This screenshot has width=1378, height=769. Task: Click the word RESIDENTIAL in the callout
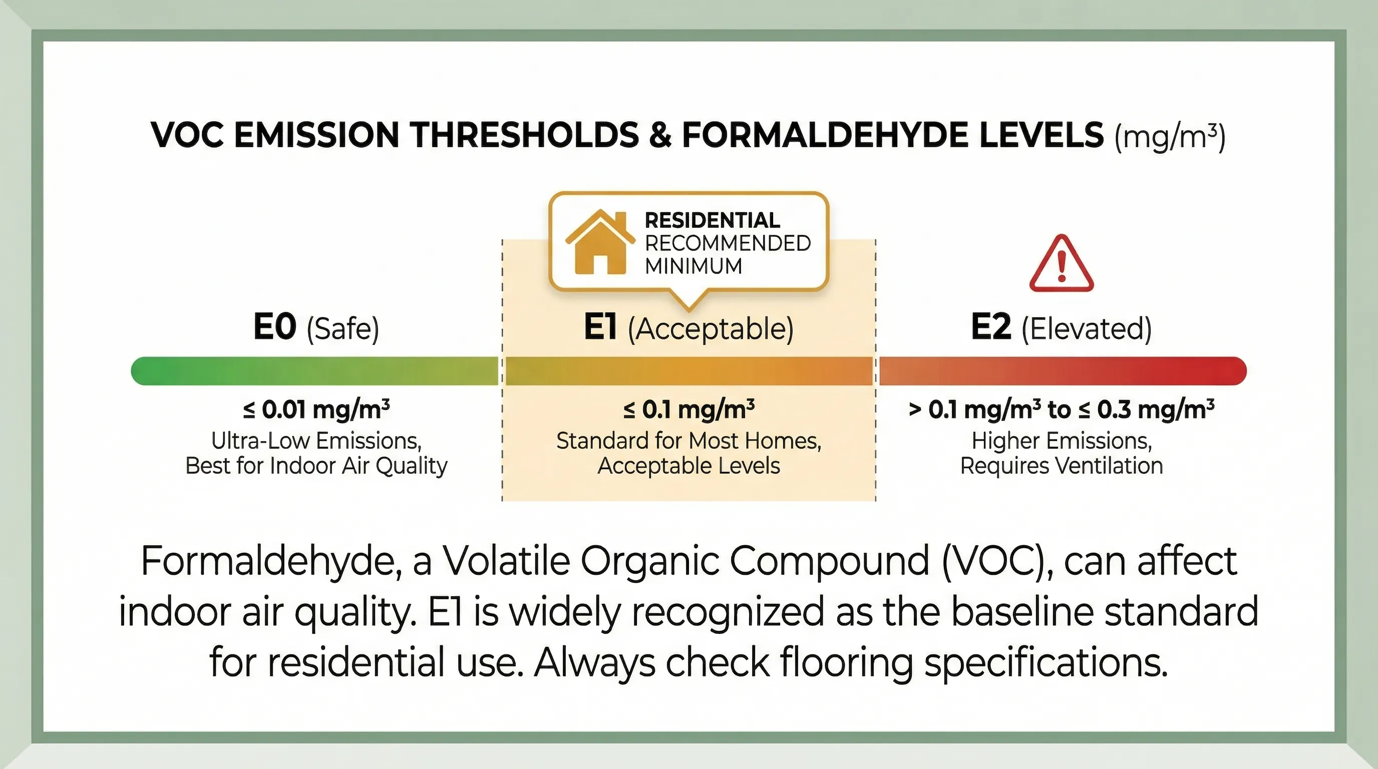712,220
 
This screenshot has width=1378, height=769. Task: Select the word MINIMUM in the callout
694,266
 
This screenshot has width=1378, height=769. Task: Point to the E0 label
274,327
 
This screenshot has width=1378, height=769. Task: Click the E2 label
991,327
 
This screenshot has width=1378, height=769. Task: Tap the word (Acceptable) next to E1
711,328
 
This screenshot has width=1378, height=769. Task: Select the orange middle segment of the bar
689,370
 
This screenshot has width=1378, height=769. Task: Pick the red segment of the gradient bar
1063,370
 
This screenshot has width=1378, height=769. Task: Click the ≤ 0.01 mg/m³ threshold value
316,410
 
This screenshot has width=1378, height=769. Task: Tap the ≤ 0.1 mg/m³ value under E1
689,410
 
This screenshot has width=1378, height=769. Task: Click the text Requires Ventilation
1062,466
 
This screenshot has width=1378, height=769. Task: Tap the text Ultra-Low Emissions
316,441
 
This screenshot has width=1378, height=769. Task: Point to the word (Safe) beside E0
342,328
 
